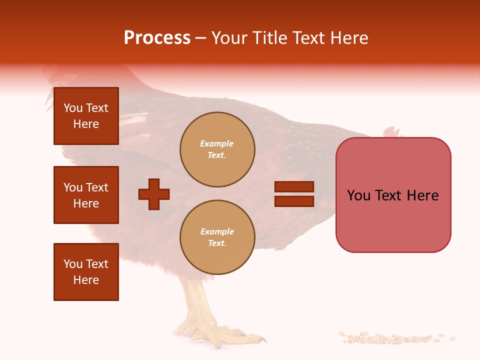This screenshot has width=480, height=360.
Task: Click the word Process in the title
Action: pyautogui.click(x=157, y=38)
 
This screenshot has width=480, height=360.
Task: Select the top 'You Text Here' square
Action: pyautogui.click(x=86, y=116)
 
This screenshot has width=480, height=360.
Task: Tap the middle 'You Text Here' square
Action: pyautogui.click(x=86, y=195)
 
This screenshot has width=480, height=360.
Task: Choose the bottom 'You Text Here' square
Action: pyautogui.click(x=86, y=272)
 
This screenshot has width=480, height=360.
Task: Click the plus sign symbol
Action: pyautogui.click(x=154, y=194)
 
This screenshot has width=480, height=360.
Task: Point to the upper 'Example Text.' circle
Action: pyautogui.click(x=217, y=149)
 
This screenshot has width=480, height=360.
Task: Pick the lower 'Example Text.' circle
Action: pyautogui.click(x=217, y=237)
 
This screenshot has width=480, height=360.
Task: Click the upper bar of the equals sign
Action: pyautogui.click(x=294, y=187)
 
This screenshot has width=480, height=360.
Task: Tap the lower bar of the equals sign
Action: pyautogui.click(x=294, y=201)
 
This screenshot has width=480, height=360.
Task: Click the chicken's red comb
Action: pyautogui.click(x=392, y=132)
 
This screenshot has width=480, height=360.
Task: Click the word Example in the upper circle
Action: pyautogui.click(x=216, y=143)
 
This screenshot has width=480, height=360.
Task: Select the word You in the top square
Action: pyautogui.click(x=72, y=108)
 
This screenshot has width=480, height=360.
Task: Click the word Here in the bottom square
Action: pyautogui.click(x=86, y=280)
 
